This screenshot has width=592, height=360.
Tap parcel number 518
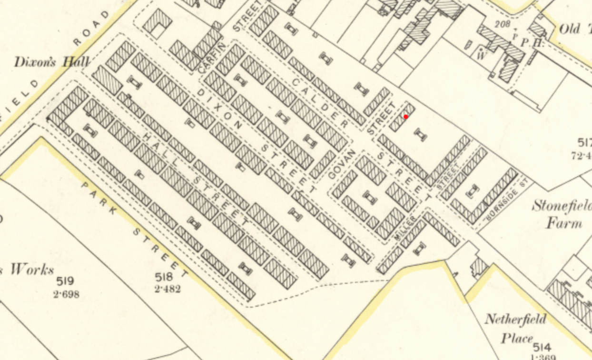(x=167, y=277)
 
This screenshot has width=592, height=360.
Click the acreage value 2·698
(x=66, y=294)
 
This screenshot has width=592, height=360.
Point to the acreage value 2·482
(x=167, y=289)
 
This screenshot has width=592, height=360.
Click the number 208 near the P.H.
(x=503, y=23)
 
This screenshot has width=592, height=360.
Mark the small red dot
(x=405, y=117)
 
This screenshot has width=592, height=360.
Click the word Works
(x=32, y=270)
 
